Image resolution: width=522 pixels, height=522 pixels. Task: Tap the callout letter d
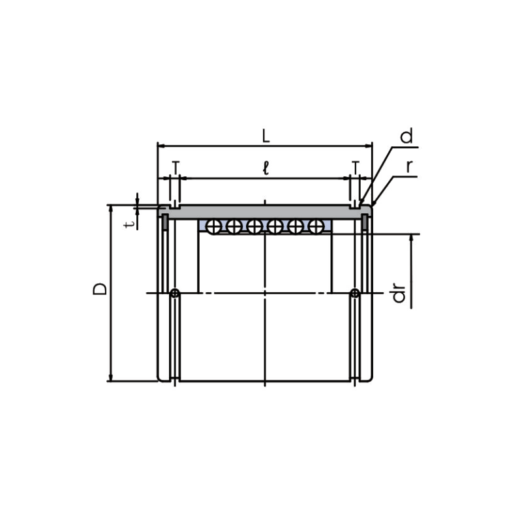[x=407, y=137]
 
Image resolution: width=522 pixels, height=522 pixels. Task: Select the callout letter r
[x=410, y=166]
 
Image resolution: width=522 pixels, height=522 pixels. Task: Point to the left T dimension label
[x=175, y=168]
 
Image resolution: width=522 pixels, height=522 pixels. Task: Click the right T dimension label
[x=355, y=168]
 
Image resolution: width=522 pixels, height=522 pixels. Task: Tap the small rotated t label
[x=130, y=223]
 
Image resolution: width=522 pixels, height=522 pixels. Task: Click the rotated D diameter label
[x=99, y=288]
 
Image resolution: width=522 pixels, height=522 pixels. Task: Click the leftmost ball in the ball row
[x=213, y=226]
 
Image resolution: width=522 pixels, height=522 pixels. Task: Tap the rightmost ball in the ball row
[x=316, y=226]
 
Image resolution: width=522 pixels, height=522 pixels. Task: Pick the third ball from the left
[x=254, y=226]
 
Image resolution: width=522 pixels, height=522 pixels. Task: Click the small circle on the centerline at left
[x=175, y=294]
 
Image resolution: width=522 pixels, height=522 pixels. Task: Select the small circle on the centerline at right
[x=354, y=294]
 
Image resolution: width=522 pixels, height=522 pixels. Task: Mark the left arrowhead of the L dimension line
[x=161, y=146]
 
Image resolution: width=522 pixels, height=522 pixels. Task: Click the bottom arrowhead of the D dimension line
[x=111, y=378]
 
